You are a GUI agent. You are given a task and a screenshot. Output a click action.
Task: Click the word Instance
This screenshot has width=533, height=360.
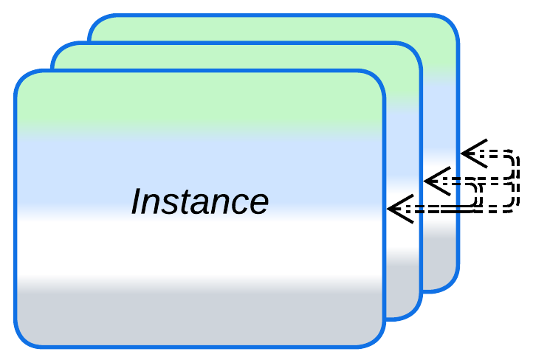[199, 201]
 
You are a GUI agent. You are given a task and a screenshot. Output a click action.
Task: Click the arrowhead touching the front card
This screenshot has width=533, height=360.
[399, 209]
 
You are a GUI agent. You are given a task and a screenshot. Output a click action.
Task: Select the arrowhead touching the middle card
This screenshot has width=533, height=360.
[436, 181]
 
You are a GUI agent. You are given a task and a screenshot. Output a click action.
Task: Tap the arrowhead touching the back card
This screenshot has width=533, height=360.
[472, 153]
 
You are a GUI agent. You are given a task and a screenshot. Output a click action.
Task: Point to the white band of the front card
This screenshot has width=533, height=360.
[199, 247]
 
